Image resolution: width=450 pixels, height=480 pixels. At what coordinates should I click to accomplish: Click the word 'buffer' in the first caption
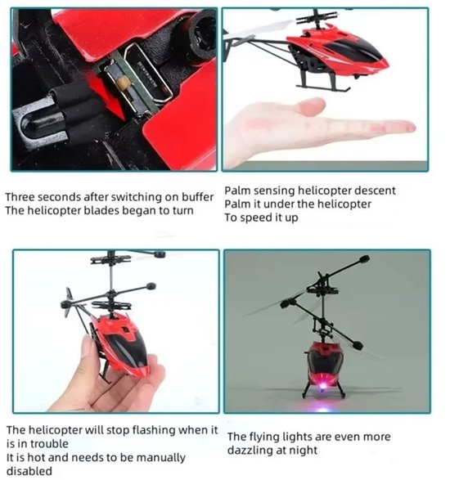pyautogui.click(x=198, y=197)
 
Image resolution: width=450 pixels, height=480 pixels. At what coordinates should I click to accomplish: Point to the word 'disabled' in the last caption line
pyautogui.click(x=29, y=470)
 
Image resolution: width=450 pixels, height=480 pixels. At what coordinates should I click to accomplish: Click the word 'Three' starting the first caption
pyautogui.click(x=20, y=197)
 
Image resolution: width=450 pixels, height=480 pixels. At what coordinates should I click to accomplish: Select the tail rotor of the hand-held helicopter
pyautogui.click(x=68, y=303)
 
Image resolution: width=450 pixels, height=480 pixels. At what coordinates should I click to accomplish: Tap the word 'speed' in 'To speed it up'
pyautogui.click(x=252, y=218)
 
